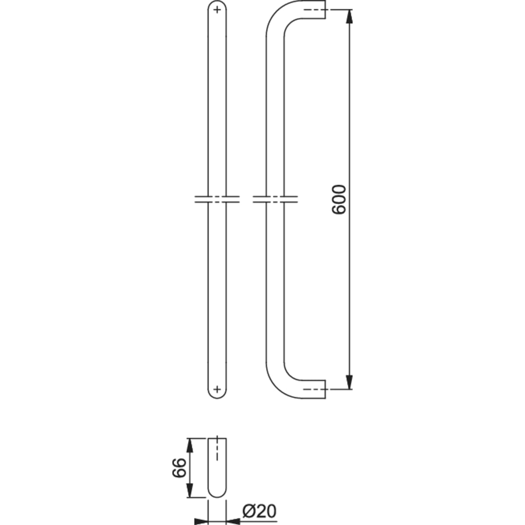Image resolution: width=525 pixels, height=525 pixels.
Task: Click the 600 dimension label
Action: pos(339,199)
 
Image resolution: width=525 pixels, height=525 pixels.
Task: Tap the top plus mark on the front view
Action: pos(217,10)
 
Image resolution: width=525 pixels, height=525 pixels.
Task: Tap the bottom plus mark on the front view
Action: pos(217,389)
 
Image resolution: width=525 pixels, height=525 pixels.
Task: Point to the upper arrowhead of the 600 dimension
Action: pos(349,17)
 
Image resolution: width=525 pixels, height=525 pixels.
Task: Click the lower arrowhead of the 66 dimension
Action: pos(190,490)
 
